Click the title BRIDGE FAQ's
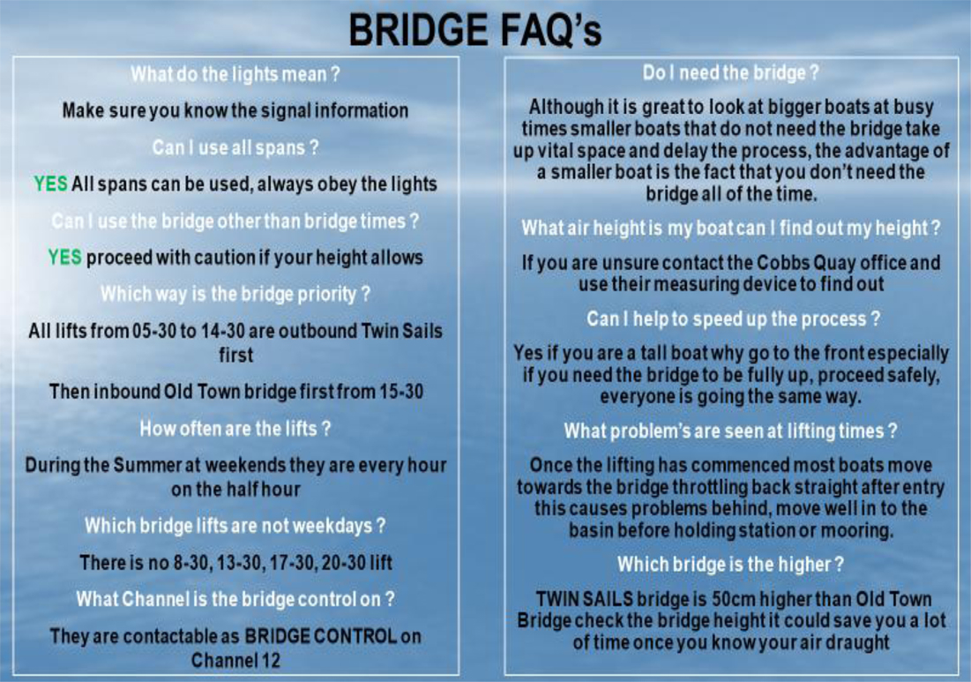(475, 30)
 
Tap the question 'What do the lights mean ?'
(235, 74)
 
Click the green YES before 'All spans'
(51, 184)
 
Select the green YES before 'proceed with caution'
(65, 257)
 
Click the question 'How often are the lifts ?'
(235, 429)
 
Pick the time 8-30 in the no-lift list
(185, 562)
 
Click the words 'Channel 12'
(235, 660)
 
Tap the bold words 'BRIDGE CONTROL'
(321, 636)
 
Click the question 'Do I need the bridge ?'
(731, 73)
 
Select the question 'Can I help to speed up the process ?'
(733, 319)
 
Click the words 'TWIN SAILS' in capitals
(585, 599)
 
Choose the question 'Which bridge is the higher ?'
(731, 565)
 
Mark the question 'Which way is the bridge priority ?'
(235, 294)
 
